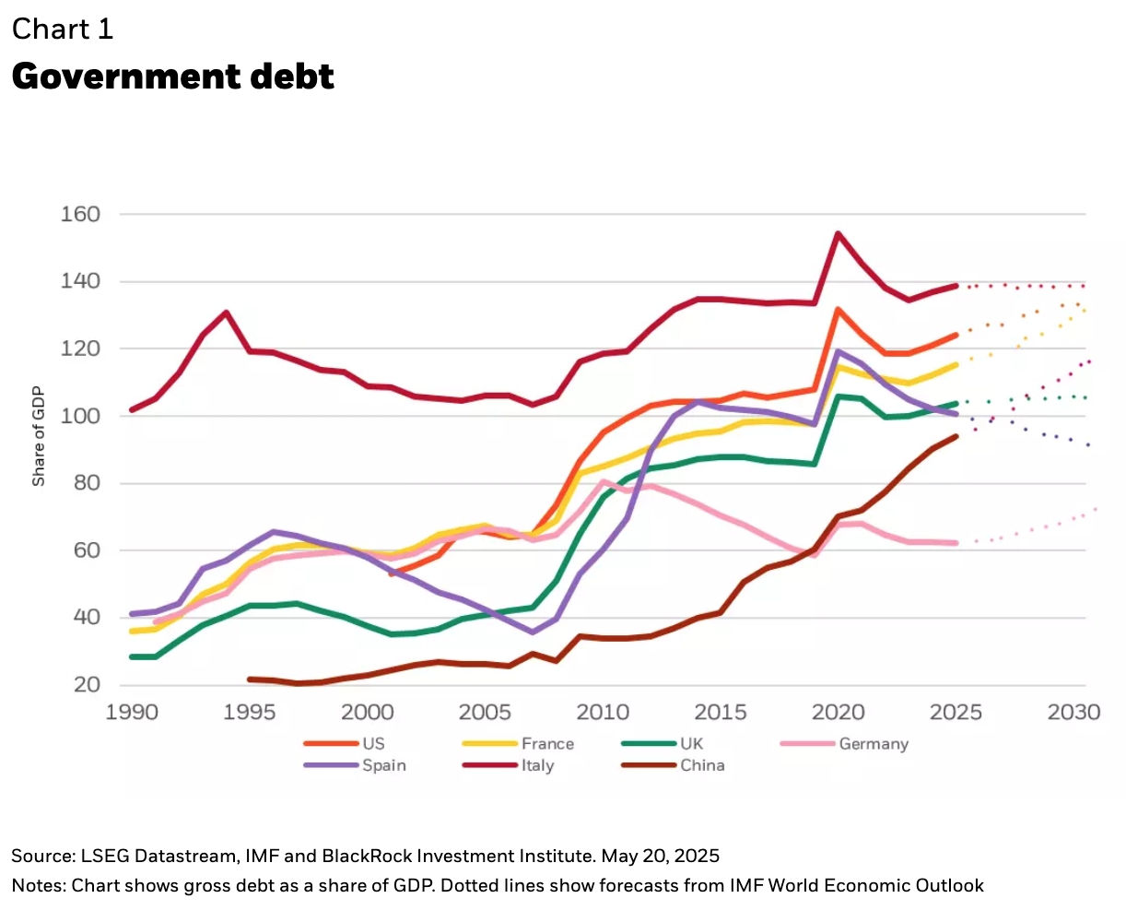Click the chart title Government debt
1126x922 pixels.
click(172, 76)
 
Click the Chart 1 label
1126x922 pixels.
click(63, 30)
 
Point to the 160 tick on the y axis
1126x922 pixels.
click(80, 214)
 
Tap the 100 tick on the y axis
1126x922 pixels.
click(80, 416)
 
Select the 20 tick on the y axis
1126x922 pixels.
click(87, 684)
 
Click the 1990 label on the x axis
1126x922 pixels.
click(132, 712)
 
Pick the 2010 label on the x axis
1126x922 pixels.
click(603, 712)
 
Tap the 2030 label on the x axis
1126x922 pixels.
click(1074, 712)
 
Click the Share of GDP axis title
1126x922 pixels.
click(39, 436)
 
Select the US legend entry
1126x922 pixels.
click(373, 743)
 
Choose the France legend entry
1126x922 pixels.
click(547, 743)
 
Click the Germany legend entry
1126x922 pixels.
click(873, 743)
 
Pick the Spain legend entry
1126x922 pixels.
click(383, 765)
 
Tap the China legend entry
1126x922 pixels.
click(702, 765)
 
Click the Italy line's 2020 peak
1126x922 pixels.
click(839, 233)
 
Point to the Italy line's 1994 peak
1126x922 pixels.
click(226, 313)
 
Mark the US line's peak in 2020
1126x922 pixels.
click(839, 310)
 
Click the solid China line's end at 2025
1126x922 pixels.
click(956, 436)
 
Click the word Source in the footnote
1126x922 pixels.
click(40, 856)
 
